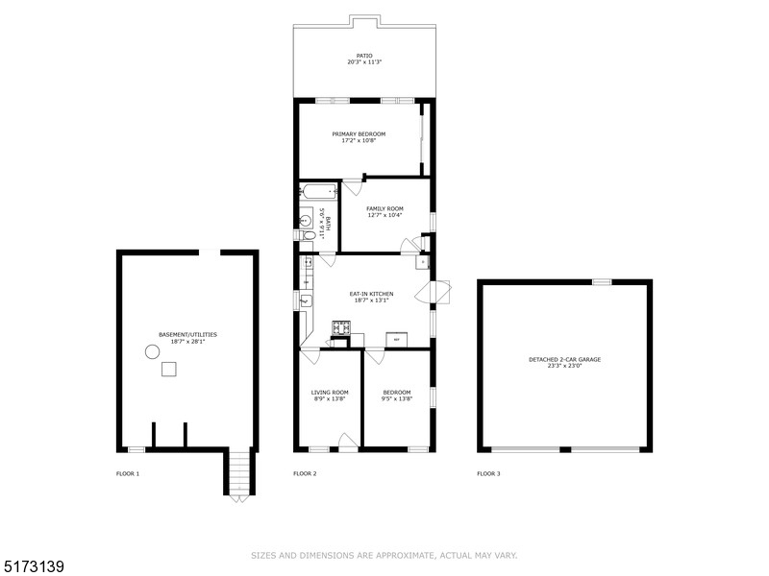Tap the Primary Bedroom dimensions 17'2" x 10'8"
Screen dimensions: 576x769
tap(359, 141)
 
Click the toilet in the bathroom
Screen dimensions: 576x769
tap(307, 234)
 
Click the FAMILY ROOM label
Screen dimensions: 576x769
tap(384, 208)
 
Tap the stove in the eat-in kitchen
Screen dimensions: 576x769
tap(340, 328)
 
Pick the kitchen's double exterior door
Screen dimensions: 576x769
tap(440, 291)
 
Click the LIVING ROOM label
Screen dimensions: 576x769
tap(329, 392)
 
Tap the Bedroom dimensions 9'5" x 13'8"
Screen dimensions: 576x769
tap(396, 398)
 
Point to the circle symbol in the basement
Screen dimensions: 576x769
tap(152, 352)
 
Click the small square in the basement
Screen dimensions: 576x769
tap(169, 369)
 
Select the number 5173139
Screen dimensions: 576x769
tap(33, 567)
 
